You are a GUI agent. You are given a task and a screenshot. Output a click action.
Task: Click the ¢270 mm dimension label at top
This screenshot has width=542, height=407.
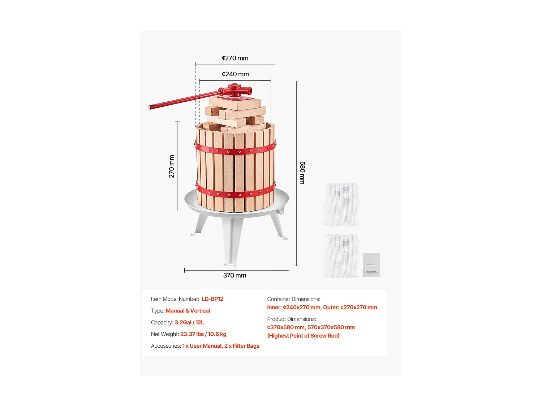click(x=235, y=58)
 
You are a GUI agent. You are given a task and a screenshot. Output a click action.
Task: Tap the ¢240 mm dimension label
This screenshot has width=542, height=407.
click(x=235, y=74)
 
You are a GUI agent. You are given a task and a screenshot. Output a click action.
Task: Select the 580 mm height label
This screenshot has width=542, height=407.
click(x=302, y=173)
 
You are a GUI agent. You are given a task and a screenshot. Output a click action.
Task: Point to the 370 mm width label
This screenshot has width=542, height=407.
click(x=235, y=275)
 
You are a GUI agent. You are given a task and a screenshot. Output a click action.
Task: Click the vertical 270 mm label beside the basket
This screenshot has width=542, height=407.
click(x=172, y=166)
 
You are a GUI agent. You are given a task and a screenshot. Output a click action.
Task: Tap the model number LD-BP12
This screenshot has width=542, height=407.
click(x=212, y=299)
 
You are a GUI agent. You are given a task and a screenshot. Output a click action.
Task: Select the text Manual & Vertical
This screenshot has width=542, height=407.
click(x=188, y=311)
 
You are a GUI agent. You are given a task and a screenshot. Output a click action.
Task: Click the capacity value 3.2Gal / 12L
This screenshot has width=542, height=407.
click(x=189, y=322)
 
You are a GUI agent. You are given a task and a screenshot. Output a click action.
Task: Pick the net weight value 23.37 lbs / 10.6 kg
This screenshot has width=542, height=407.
click(x=203, y=334)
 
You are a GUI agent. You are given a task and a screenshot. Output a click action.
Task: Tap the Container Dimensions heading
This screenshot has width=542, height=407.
click(x=294, y=299)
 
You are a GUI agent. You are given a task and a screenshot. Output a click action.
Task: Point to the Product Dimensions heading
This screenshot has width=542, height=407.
click(x=292, y=319)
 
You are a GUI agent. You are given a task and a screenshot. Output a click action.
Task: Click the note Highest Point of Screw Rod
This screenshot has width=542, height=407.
click(x=303, y=336)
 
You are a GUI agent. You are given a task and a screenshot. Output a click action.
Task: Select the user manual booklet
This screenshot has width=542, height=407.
click(x=371, y=265)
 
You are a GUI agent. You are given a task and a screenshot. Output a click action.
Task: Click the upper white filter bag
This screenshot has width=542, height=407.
click(x=341, y=204)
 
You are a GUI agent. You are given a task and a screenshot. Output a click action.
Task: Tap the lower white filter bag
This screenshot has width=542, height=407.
click(x=341, y=255)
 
